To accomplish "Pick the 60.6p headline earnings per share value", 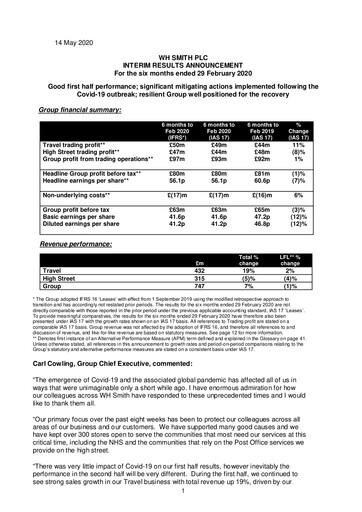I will (283, 170).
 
